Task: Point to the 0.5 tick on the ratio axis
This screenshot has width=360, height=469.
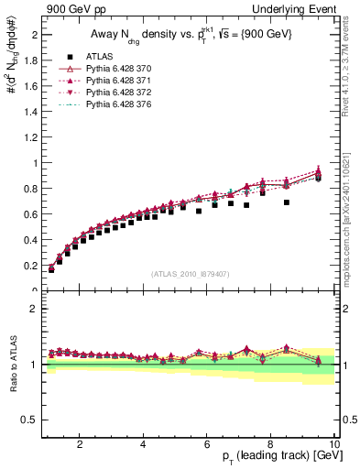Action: click(x=30, y=420)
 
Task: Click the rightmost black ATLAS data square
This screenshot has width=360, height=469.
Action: click(x=318, y=178)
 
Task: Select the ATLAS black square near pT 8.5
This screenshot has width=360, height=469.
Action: click(x=287, y=202)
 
